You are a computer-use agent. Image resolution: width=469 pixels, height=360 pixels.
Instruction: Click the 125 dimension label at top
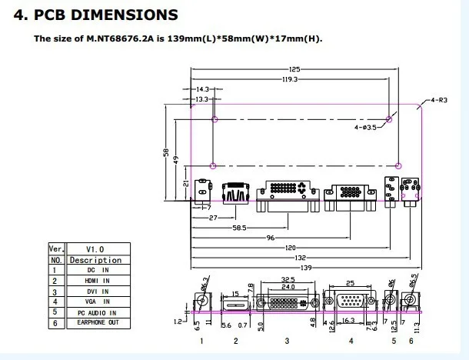click(x=294, y=69)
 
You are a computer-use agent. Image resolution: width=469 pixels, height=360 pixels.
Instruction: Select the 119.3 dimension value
click(x=290, y=79)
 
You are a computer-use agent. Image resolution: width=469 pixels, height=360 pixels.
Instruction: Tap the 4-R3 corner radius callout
click(x=439, y=100)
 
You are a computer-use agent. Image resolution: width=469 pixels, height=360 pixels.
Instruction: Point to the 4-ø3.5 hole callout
click(x=365, y=127)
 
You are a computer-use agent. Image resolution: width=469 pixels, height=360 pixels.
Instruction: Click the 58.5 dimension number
click(x=239, y=228)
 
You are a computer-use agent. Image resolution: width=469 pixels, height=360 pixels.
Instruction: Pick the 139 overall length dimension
click(x=306, y=268)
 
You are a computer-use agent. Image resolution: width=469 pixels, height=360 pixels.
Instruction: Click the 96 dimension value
click(x=271, y=238)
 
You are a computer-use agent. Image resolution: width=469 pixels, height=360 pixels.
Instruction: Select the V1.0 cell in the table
click(x=95, y=249)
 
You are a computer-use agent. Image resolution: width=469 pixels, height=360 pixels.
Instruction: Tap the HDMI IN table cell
click(x=98, y=281)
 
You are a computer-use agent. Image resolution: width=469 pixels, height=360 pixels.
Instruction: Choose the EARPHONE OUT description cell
click(x=98, y=322)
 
